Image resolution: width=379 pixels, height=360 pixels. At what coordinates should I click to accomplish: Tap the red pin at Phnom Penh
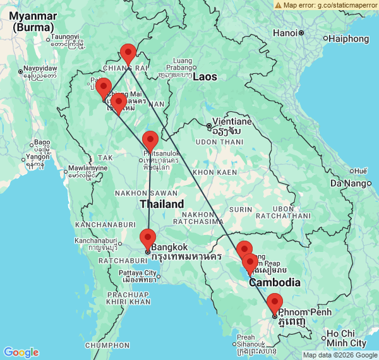(275, 304)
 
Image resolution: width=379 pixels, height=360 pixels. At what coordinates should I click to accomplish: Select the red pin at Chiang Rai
(128, 54)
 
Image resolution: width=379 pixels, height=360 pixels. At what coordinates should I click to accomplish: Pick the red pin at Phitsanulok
(150, 141)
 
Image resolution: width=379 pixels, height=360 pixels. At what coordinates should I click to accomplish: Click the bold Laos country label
(205, 77)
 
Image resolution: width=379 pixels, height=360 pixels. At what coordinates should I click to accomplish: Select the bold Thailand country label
(162, 204)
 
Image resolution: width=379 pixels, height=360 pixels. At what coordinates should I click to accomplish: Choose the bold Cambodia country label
(274, 282)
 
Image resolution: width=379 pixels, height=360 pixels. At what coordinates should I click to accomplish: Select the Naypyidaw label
(40, 68)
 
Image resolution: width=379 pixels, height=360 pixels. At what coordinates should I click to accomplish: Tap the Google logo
(21, 352)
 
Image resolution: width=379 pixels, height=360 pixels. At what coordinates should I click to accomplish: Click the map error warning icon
(278, 4)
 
